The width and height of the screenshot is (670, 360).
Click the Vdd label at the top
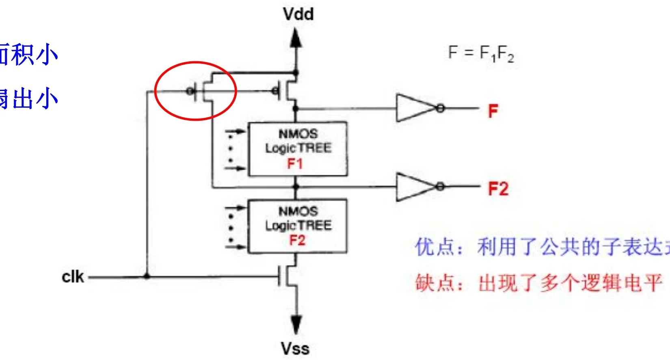[298, 14]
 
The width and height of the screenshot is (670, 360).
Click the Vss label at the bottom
[295, 348]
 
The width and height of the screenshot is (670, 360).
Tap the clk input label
[73, 277]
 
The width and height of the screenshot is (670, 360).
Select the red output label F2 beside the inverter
[498, 189]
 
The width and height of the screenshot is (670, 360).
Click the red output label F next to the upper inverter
[493, 111]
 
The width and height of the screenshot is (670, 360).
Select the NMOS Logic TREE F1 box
[298, 149]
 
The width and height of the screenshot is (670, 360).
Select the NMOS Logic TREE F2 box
[298, 226]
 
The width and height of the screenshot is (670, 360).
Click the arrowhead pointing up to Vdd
[296, 39]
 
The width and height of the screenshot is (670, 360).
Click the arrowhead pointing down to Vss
[296, 324]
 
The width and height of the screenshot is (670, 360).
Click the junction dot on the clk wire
[147, 277]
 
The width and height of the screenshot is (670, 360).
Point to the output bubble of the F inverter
[440, 108]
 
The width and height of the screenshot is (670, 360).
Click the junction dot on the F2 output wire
[296, 187]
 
